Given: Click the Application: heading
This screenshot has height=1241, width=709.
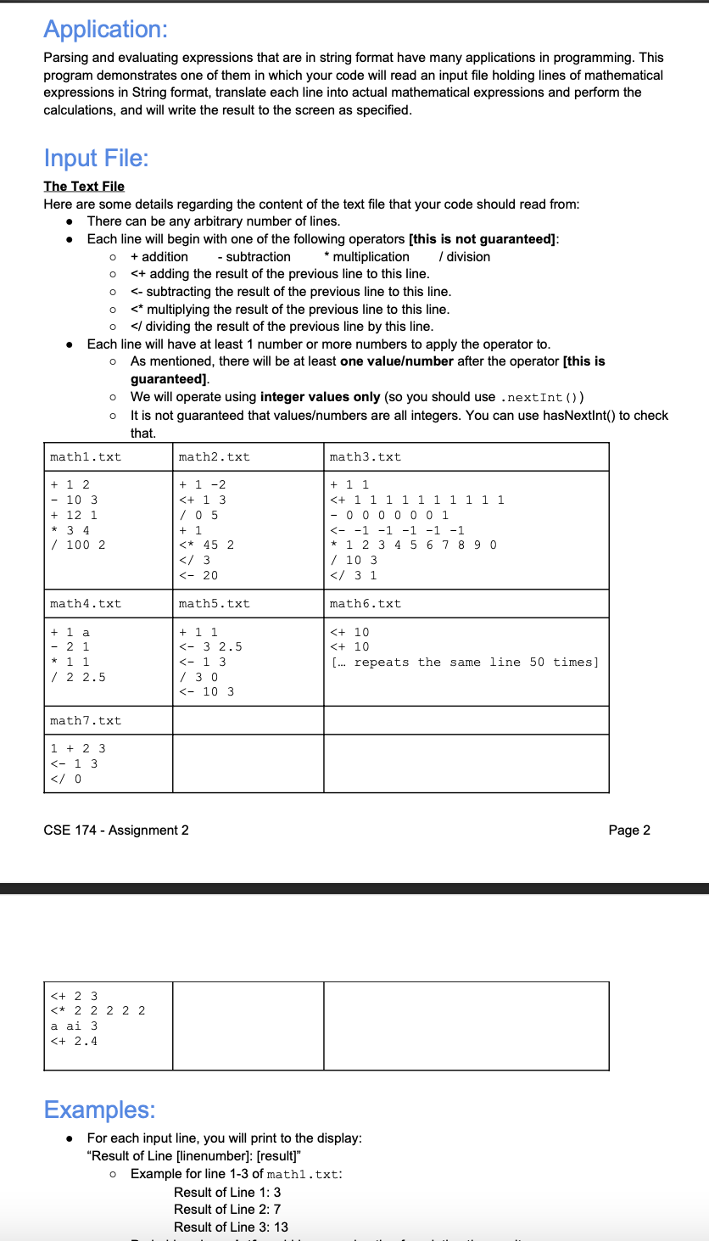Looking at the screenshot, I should tap(106, 29).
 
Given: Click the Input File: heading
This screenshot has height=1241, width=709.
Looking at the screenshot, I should tap(97, 158).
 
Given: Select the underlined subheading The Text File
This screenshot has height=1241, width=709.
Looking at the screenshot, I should tap(84, 186).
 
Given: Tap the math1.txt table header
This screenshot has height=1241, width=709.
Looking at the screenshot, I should tap(86, 457).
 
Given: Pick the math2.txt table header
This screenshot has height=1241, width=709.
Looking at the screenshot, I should tap(215, 457).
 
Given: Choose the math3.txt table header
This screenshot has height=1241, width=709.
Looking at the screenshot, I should tap(366, 457).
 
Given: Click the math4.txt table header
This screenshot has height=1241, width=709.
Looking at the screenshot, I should tap(86, 604).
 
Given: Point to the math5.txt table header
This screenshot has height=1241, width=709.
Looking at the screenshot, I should tap(215, 604).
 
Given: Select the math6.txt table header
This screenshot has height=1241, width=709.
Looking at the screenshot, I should tap(366, 604).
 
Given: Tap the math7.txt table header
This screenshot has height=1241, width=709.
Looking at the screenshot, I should tap(86, 721).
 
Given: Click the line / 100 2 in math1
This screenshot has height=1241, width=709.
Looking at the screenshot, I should tap(78, 545).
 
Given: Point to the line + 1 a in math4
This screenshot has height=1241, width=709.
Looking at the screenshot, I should tap(70, 632).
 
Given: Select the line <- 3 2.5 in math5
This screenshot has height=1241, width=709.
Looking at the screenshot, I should tap(210, 646).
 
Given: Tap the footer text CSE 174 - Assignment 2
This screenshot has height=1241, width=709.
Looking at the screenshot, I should tap(116, 830).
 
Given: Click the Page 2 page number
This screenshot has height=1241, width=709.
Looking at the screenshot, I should tap(629, 830).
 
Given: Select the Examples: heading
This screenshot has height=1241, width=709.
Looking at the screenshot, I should tap(100, 1110).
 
